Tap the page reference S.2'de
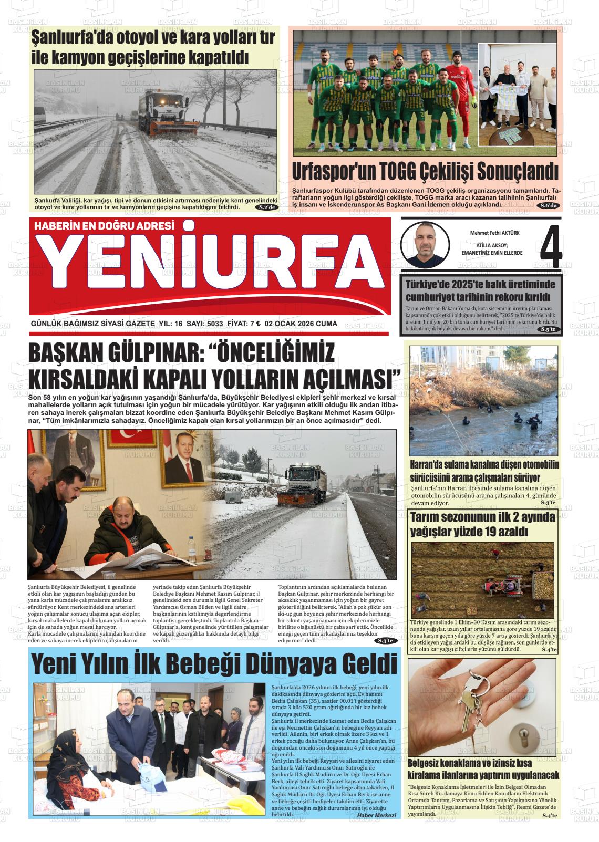click(x=267, y=207)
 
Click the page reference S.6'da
click(x=550, y=205)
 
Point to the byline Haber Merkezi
click(x=376, y=815)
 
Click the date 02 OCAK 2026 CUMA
click(x=301, y=324)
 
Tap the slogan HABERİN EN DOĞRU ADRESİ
click(x=104, y=226)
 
